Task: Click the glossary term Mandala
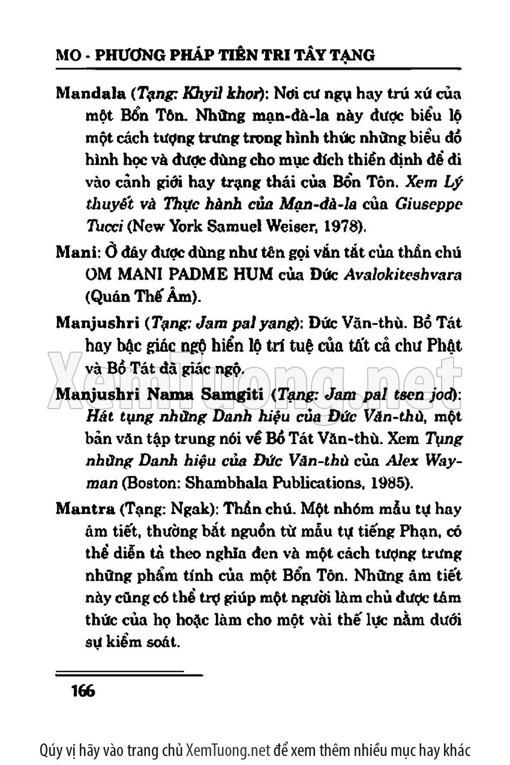(87, 95)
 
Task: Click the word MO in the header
(65, 56)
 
